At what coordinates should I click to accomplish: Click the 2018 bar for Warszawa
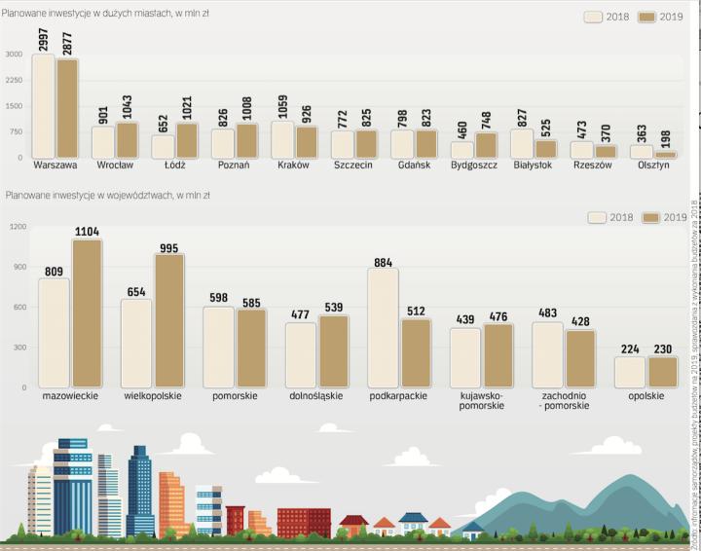[x=44, y=106]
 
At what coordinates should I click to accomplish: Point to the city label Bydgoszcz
[x=474, y=165]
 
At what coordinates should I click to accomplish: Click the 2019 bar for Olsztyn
[x=666, y=155]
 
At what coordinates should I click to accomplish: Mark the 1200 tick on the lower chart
[x=18, y=227]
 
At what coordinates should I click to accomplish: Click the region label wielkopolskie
[x=151, y=396]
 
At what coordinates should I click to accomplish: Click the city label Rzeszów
[x=592, y=165]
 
